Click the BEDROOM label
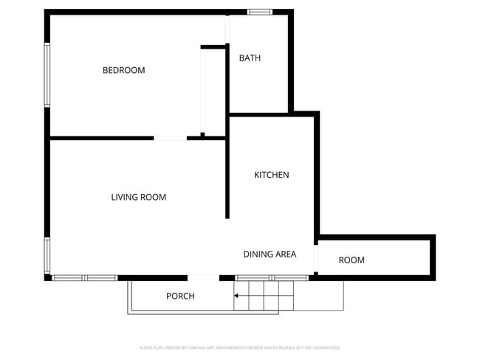[x=123, y=70]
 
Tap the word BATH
[x=250, y=58]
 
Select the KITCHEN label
[x=271, y=175]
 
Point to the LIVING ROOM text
[x=138, y=197]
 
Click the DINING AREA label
[x=270, y=255]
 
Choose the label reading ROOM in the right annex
[x=352, y=260]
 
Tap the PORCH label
[x=180, y=296]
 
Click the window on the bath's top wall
[x=259, y=12]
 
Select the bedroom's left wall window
[x=47, y=75]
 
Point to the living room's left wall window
[x=47, y=255]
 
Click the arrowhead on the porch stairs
[x=237, y=297]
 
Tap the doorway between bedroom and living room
[x=170, y=138]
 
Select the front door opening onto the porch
[x=203, y=278]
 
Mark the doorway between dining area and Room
[x=316, y=259]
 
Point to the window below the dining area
[x=271, y=278]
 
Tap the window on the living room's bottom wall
[x=85, y=278]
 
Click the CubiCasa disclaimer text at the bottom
[x=239, y=347]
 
